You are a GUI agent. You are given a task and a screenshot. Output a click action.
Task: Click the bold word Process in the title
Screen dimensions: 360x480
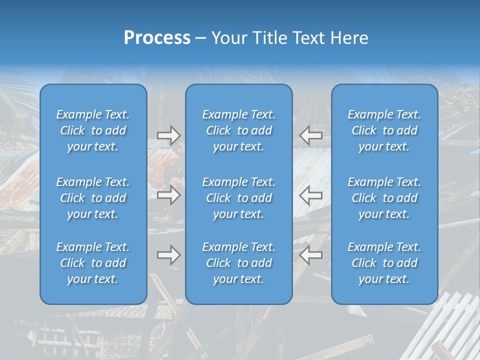[157, 38]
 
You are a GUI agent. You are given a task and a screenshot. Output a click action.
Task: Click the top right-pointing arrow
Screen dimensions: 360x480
[168, 135]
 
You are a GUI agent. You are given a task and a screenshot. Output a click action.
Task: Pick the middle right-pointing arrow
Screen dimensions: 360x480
[168, 195]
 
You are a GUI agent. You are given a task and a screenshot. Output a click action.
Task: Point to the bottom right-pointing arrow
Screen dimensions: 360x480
[168, 255]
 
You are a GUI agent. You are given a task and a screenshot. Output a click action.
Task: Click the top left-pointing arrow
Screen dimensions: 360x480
[310, 135]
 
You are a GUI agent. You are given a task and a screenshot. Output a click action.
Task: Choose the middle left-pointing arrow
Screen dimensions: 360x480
[310, 195]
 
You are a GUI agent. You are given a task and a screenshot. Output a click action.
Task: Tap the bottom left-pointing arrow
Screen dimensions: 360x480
[310, 255]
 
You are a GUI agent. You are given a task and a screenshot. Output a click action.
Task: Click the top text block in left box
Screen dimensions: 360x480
[93, 130]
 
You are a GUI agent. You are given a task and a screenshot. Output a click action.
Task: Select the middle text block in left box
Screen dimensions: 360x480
[93, 198]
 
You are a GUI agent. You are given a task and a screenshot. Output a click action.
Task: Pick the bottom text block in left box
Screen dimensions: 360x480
[93, 263]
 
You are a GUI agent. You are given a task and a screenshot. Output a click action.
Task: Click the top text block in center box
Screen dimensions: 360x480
[239, 130]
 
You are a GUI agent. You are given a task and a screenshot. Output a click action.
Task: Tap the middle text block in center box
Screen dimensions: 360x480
[239, 198]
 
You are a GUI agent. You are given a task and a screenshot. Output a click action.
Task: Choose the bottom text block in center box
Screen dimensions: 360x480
[239, 263]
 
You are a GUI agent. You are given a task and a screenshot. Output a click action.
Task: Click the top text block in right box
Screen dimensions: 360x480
[384, 130]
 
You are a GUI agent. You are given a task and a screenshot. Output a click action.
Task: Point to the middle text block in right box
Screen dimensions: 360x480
[384, 198]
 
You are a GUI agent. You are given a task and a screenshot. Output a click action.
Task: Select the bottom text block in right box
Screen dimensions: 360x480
[384, 263]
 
